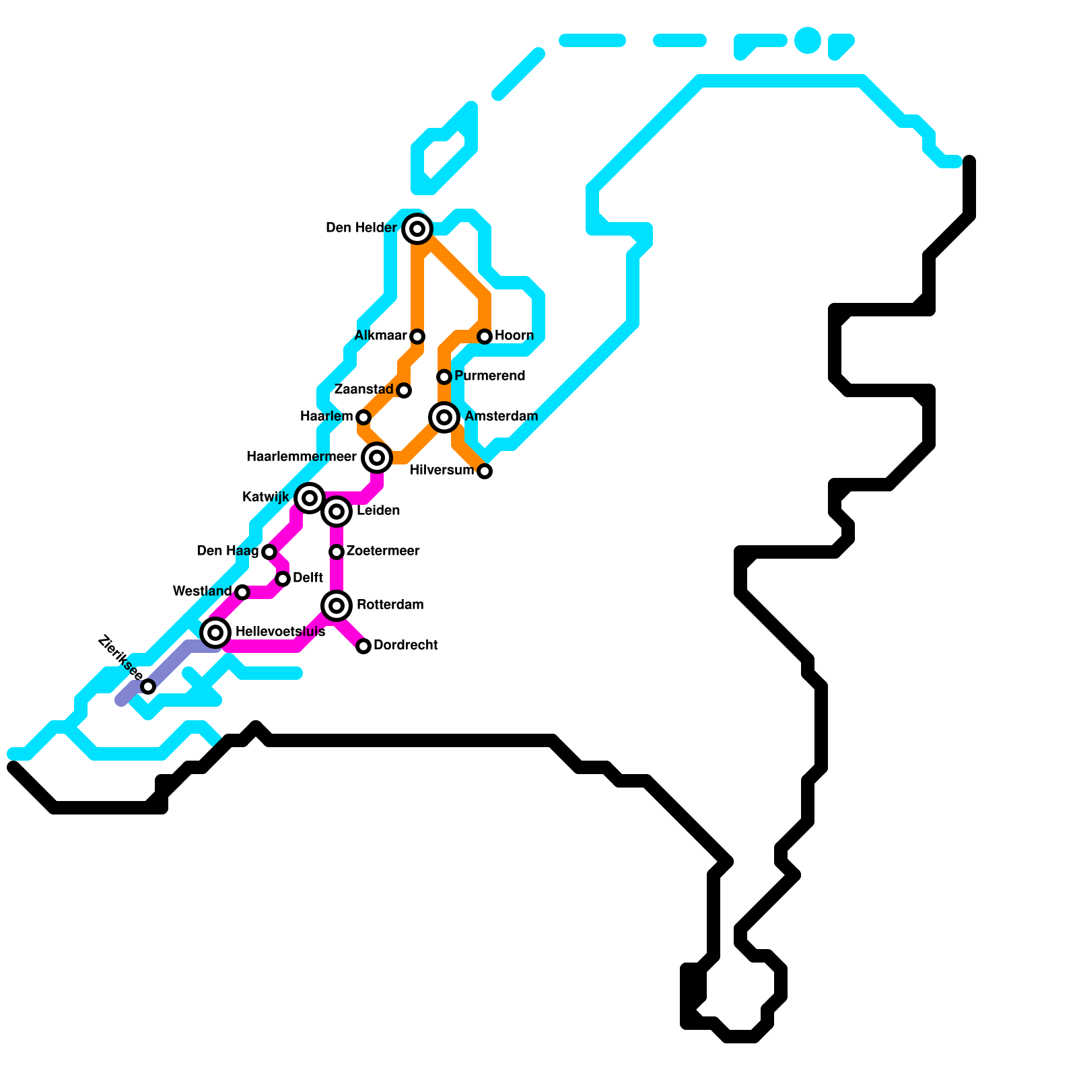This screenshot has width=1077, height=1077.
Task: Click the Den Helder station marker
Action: click(417, 229)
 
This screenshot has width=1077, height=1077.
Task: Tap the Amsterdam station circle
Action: click(444, 417)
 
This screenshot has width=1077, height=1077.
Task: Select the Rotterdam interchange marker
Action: click(337, 606)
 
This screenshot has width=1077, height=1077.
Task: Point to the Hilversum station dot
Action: click(485, 471)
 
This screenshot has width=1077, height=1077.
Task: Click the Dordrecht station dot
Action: click(363, 646)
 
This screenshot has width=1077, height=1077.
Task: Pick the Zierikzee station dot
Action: click(148, 687)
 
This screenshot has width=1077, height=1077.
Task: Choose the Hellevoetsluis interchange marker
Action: click(215, 633)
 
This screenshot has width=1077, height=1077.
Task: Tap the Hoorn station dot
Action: click(485, 336)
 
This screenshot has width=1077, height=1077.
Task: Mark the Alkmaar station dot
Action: click(417, 336)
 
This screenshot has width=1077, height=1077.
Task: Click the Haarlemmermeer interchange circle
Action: click(377, 458)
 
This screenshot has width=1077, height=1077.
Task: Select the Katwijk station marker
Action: click(310, 498)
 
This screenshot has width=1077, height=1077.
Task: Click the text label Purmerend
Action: click(489, 376)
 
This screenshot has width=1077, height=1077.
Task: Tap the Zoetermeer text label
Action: click(383, 551)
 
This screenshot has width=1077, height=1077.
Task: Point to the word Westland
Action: click(202, 591)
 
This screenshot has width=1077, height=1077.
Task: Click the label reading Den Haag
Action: click(228, 551)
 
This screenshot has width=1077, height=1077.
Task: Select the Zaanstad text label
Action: click(363, 389)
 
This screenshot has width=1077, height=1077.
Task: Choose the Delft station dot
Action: click(283, 579)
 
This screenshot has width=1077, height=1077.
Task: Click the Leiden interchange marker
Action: click(337, 512)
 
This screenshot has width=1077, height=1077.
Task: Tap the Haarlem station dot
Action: click(363, 417)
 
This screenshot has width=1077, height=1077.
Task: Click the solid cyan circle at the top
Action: click(808, 40)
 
